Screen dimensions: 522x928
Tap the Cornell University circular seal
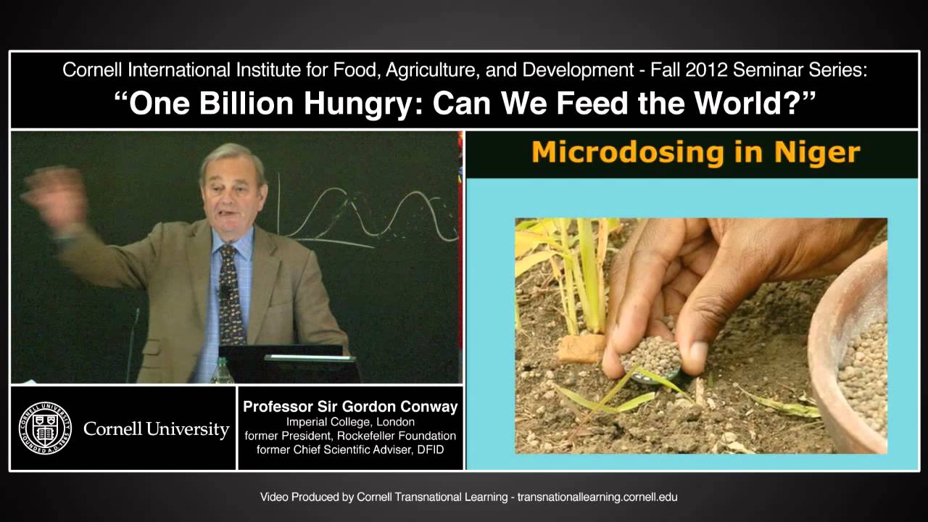coord(45,428)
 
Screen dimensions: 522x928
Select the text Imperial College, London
coord(351,422)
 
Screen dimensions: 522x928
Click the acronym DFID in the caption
coord(429,449)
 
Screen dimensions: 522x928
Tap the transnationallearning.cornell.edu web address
coord(597,497)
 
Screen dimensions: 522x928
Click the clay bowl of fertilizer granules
coord(855,355)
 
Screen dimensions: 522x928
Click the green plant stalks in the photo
coord(580,268)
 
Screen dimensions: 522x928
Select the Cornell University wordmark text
coord(156,429)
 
